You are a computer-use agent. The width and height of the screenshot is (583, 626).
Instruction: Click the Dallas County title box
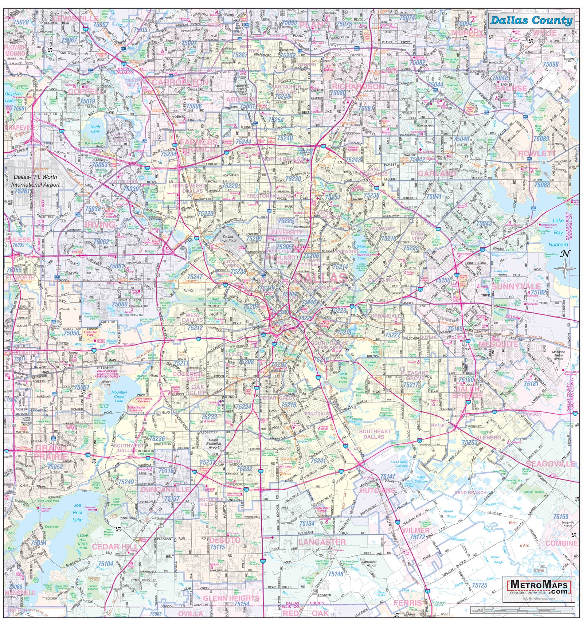531,20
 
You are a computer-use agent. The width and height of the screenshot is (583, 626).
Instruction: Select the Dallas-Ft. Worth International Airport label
35,180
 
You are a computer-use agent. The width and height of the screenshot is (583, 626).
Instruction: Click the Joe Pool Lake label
77,512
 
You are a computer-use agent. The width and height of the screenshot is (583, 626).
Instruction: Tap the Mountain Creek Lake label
119,396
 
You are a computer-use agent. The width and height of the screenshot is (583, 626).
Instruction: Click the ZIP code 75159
560,517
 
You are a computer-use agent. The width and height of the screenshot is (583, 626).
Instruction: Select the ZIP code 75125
480,585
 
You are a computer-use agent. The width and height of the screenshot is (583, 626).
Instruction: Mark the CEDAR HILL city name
111,547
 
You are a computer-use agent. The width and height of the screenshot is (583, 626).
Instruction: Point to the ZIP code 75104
106,564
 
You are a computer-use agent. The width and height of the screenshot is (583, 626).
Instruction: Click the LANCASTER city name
322,542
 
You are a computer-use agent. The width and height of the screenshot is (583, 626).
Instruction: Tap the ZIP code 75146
336,574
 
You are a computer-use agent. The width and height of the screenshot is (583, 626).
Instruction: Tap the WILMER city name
416,530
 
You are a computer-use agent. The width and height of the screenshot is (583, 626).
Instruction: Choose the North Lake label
95,129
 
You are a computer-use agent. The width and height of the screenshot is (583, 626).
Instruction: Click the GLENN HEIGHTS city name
231,598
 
